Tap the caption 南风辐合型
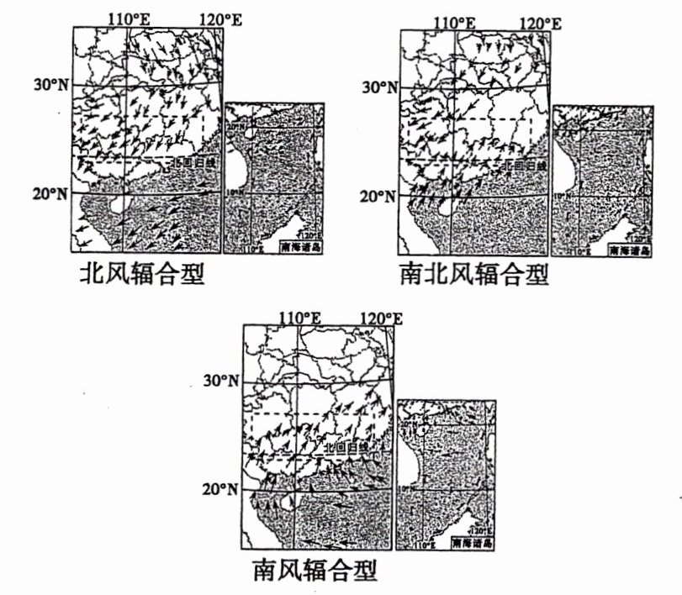(315, 571)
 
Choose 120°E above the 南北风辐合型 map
(539, 23)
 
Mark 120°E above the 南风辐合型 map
(381, 318)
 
